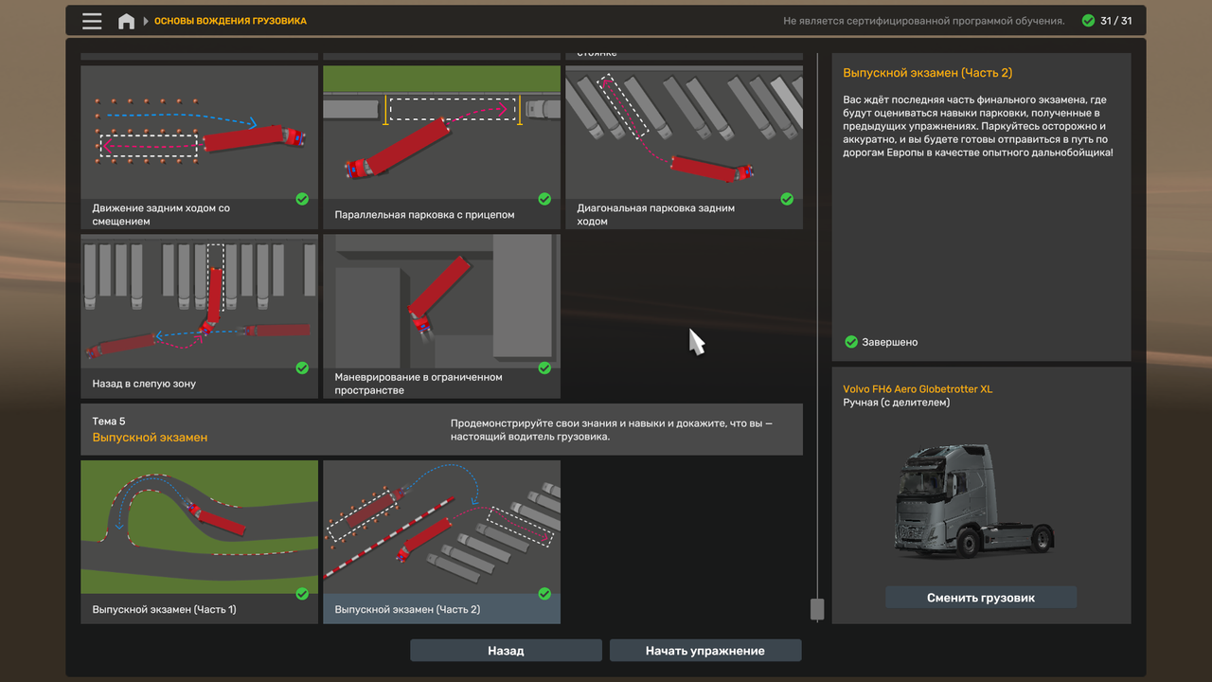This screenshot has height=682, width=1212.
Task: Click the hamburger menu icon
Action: click(92, 21)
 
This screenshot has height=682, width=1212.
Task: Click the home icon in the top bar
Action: click(126, 21)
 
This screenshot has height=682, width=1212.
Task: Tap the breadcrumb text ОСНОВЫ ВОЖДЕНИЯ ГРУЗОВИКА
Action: click(230, 21)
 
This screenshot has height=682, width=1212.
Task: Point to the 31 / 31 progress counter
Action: click(1115, 21)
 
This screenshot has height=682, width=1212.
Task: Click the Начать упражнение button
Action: click(705, 650)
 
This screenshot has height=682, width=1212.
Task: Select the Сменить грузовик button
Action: click(980, 598)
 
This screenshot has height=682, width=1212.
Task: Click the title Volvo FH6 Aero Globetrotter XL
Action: click(918, 388)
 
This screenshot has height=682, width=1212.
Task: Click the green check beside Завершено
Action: click(851, 342)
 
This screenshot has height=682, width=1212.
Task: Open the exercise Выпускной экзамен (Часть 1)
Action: click(199, 541)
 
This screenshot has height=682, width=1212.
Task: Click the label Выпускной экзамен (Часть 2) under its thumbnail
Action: click(407, 609)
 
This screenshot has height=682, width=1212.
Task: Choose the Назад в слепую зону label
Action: click(144, 384)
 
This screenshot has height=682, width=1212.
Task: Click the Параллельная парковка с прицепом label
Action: click(424, 214)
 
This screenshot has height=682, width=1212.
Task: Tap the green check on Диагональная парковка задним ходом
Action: click(787, 199)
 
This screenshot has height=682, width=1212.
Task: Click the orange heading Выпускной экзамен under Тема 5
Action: click(150, 438)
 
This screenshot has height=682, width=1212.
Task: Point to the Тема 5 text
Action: click(109, 422)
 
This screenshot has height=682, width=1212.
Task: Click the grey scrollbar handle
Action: click(817, 609)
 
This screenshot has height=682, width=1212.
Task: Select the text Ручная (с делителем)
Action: click(896, 403)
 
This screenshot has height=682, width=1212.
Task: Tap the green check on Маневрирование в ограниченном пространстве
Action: click(544, 368)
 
